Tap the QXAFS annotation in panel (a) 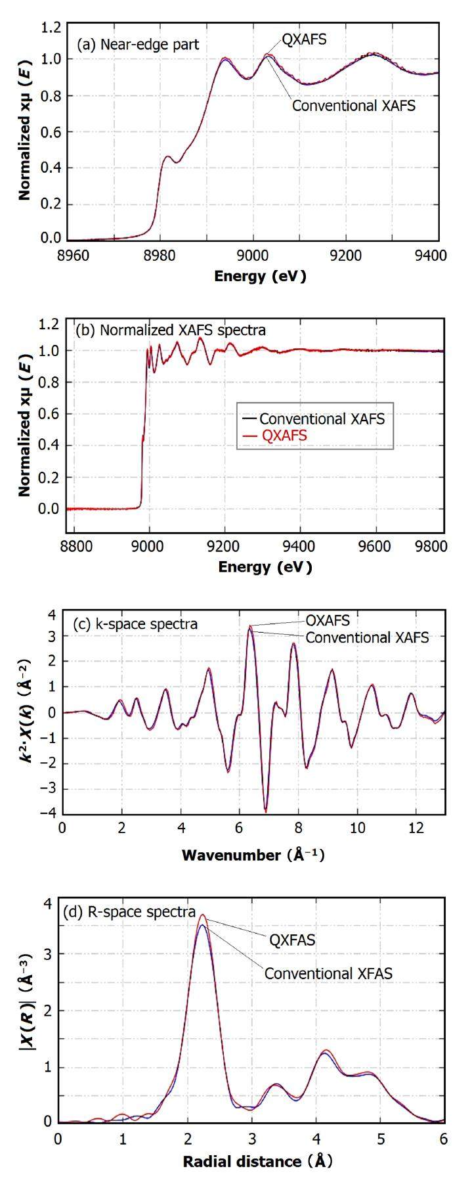pyautogui.click(x=304, y=40)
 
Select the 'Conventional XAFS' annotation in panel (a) pyautogui.click(x=353, y=105)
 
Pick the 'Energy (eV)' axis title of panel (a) pyautogui.click(x=260, y=276)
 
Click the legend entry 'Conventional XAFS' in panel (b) pyautogui.click(x=322, y=419)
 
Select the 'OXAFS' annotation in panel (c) pyautogui.click(x=328, y=620)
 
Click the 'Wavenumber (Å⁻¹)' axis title pyautogui.click(x=253, y=855)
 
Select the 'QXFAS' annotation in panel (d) pyautogui.click(x=292, y=940)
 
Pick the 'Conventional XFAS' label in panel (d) pyautogui.click(x=328, y=973)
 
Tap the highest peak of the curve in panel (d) pyautogui.click(x=203, y=915)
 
